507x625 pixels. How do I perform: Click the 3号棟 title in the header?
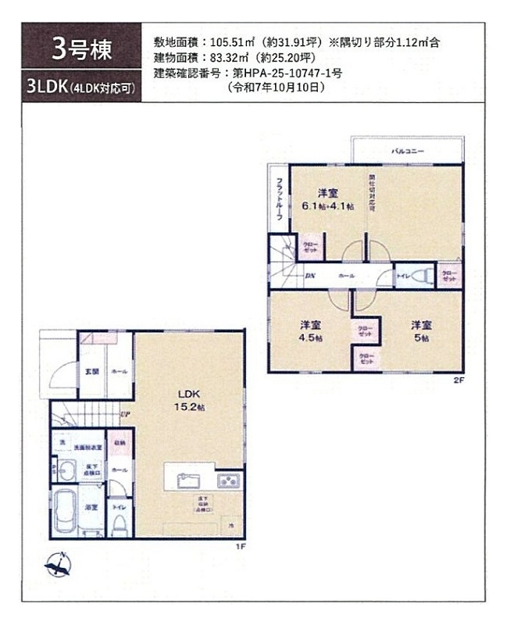[x=81, y=49]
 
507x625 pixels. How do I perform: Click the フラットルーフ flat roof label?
[x=278, y=199]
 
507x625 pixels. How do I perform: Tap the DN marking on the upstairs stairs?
[x=309, y=277]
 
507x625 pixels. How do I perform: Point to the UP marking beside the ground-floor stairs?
[x=125, y=416]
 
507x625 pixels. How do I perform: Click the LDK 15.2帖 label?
[x=190, y=402]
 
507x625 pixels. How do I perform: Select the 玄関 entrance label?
[x=91, y=371]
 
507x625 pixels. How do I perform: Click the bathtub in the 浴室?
[x=64, y=511]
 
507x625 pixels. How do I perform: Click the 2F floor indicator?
[x=459, y=380]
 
